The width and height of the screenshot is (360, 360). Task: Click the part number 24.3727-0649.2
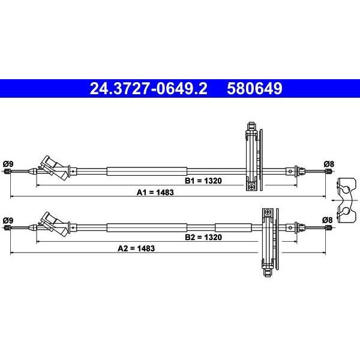148,89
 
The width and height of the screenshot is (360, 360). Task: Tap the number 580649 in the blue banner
254,89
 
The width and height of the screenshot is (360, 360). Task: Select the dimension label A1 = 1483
155,193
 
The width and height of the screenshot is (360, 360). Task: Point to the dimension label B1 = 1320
203,181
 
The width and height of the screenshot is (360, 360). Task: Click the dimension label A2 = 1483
136,248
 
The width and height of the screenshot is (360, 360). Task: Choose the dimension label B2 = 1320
203,237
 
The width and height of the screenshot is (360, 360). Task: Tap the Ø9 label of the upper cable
8,164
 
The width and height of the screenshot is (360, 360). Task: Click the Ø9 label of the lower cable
8,220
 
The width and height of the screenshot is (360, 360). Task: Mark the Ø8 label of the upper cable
329,164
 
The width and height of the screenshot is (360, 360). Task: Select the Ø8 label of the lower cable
327,220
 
